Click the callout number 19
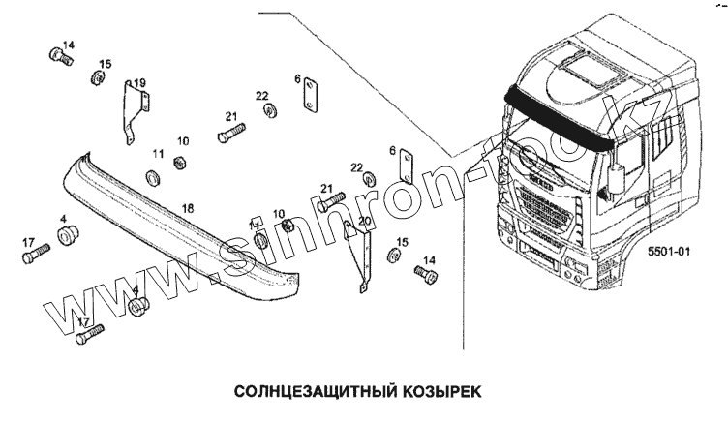click(139, 82)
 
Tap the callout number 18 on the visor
click(188, 208)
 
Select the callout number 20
click(364, 222)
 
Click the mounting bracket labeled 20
click(358, 255)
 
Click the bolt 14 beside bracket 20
click(424, 275)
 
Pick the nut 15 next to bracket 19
click(97, 77)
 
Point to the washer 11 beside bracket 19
click(151, 177)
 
